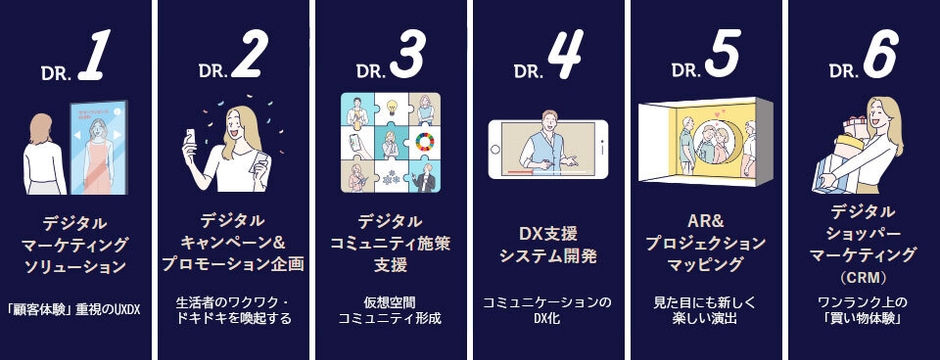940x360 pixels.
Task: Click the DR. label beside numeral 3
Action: pos(371,72)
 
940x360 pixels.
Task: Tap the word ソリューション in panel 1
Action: pos(76,266)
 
